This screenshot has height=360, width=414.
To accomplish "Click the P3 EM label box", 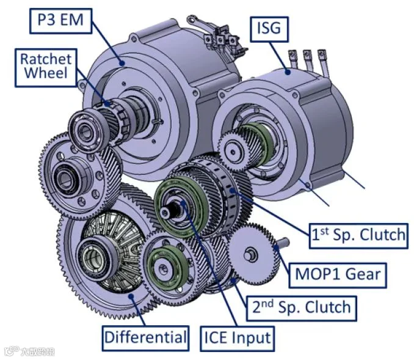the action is [x=60, y=21].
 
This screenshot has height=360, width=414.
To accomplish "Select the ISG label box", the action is [x=269, y=29].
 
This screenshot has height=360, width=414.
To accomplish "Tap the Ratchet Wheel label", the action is [x=46, y=68].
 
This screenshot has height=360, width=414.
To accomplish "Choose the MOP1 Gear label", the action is [x=338, y=275].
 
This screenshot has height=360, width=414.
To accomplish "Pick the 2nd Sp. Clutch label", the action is [x=302, y=309].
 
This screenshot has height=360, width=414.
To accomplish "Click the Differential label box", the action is [x=145, y=339].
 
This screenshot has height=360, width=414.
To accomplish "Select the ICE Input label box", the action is [x=238, y=339].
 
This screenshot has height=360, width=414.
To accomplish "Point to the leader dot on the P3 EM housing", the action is [x=122, y=63].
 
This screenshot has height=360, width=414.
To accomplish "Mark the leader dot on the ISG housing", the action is [x=288, y=72].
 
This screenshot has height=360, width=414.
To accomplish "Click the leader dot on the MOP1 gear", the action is [x=276, y=248].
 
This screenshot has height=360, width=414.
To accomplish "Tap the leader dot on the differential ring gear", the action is [x=131, y=296].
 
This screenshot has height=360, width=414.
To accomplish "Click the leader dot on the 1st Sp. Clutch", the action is [x=232, y=191].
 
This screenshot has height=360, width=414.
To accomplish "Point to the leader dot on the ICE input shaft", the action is [x=183, y=203].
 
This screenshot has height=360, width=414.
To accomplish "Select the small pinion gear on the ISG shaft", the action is [x=233, y=152].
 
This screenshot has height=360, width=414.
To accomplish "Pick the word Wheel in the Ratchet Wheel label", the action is [x=46, y=73].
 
